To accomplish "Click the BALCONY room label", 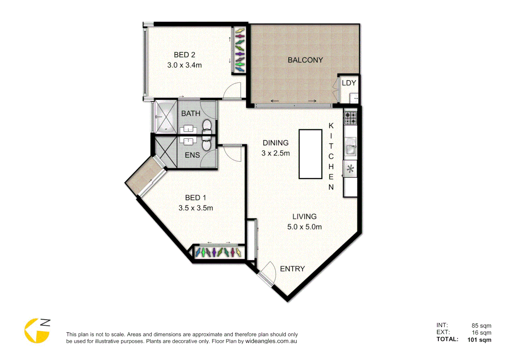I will point(305,60).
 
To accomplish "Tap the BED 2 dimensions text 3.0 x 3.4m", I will point(184,65).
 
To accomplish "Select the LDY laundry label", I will point(349,83).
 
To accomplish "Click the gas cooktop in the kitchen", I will point(350,118).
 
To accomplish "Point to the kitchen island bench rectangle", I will point(310,154).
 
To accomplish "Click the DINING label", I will point(275,143).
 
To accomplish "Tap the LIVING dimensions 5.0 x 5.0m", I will point(304,227).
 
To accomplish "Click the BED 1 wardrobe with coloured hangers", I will point(218,252).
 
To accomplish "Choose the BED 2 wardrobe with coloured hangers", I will point(240,50).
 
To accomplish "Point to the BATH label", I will point(191,114).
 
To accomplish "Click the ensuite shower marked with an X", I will point(166,152).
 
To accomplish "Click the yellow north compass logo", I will point(37,331).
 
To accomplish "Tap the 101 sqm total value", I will point(479,340).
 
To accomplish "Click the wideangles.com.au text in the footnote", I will point(271,341).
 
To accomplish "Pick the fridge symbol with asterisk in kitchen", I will point(350,169).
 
